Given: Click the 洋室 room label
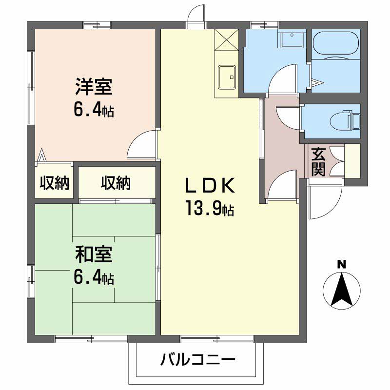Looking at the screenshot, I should click(x=94, y=87).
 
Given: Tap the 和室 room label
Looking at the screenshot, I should click(x=94, y=254).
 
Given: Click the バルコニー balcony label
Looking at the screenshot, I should click(x=198, y=361).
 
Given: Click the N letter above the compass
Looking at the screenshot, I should click(x=342, y=265).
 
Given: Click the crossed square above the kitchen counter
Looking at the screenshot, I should click(x=226, y=39).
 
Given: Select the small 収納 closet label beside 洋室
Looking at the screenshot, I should click(x=54, y=183).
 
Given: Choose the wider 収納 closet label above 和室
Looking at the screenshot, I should click(x=116, y=183).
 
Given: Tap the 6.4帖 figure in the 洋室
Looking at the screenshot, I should click(x=94, y=110).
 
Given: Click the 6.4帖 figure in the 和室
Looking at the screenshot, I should click(x=94, y=277).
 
